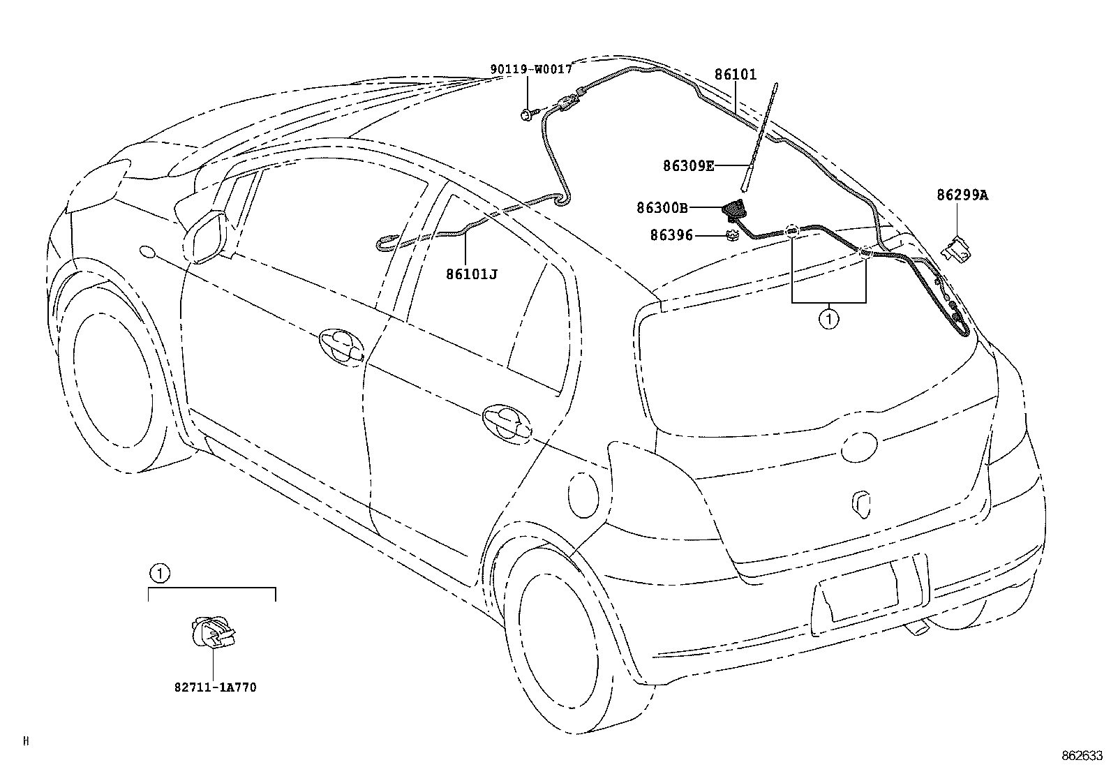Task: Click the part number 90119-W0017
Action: [530, 69]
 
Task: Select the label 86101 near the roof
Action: [735, 74]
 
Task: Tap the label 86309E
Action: [688, 165]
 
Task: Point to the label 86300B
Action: [662, 207]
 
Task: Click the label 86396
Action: [671, 236]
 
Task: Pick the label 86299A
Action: [962, 195]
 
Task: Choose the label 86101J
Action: [472, 274]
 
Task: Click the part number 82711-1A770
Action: [215, 687]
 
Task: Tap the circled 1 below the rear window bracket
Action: [828, 320]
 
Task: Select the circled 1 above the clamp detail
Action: [159, 574]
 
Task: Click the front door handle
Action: [341, 345]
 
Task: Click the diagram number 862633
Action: [1081, 755]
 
